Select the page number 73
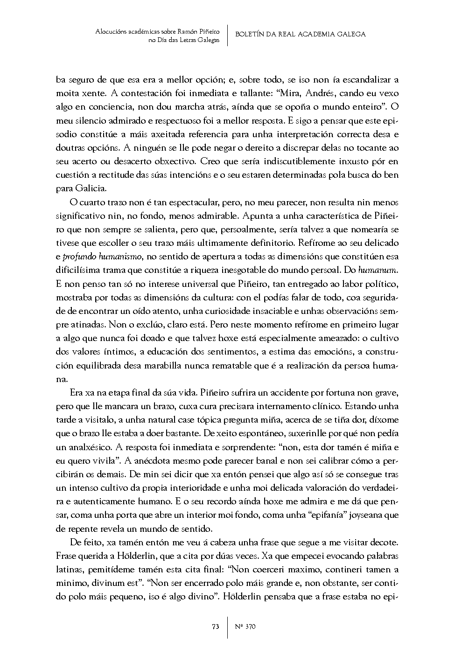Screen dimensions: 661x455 (216, 626)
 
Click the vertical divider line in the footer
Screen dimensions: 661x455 (227, 626)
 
